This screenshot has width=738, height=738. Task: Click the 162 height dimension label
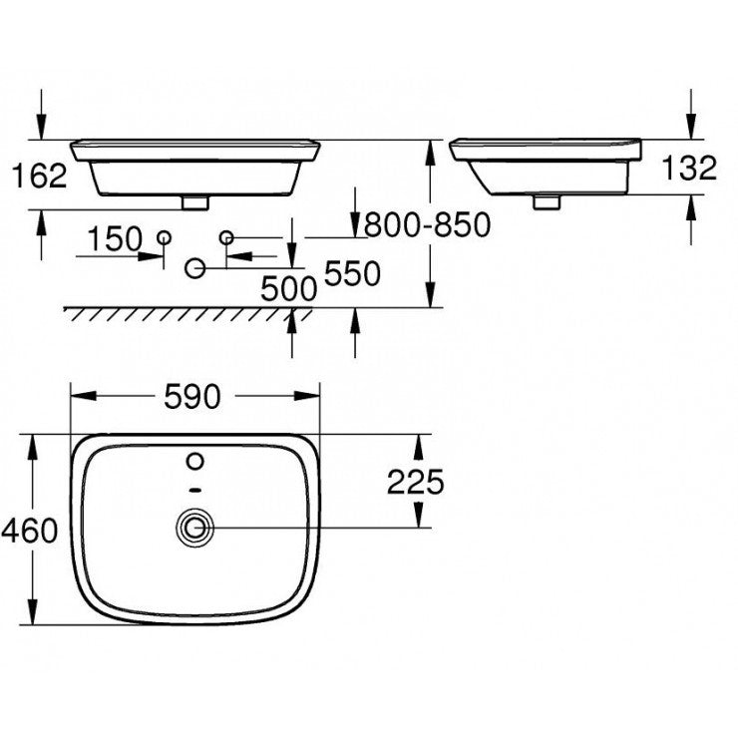(40, 176)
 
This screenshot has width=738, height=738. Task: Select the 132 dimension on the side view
(689, 169)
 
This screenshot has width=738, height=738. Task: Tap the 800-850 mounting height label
(427, 226)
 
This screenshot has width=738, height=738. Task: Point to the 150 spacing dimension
(114, 239)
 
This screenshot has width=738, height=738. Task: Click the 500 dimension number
(287, 289)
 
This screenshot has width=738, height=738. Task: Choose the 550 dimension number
(352, 274)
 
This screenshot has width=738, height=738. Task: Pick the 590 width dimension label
(191, 397)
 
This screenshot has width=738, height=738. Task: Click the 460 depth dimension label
(30, 531)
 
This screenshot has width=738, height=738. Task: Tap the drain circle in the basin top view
(194, 528)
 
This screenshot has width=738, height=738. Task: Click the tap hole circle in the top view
(195, 461)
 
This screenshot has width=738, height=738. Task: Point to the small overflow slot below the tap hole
(195, 490)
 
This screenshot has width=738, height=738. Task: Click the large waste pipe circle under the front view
(195, 267)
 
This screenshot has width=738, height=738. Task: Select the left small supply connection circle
(165, 236)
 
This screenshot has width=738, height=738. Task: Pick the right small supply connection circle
(226, 236)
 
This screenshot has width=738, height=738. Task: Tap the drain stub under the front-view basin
(195, 201)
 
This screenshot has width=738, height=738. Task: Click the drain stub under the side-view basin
(545, 201)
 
